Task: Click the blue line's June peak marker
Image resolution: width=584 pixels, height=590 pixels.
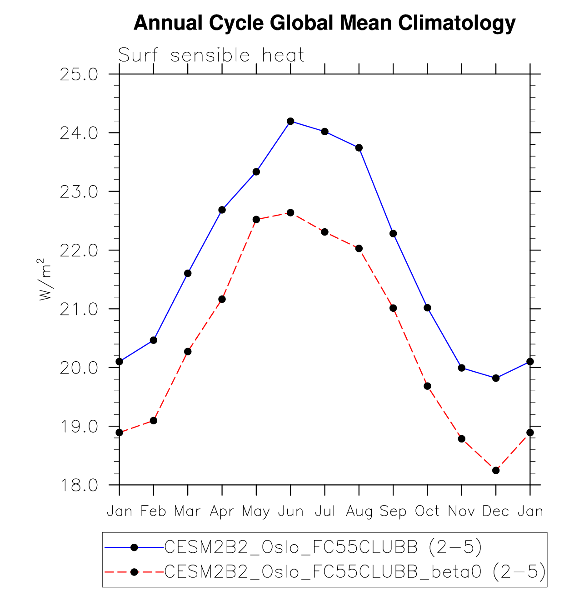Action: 290,121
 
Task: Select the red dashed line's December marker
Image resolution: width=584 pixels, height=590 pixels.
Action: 496,470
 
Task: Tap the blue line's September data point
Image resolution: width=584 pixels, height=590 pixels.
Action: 393,233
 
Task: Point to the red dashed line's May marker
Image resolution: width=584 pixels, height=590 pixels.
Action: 256,219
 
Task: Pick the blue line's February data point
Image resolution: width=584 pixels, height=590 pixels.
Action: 154,340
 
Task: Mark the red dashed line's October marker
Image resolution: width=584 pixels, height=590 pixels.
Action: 427,386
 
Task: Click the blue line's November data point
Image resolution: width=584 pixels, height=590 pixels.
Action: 462,368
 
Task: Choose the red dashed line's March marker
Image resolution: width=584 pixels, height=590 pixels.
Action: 188,351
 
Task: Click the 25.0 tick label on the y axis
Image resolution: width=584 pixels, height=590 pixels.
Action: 79,74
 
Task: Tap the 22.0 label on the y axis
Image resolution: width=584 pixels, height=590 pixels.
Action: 79,251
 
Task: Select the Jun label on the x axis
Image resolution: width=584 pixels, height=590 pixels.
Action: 290,511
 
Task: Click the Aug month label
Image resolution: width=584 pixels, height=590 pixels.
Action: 359,511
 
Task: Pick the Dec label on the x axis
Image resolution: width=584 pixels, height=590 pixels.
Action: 496,511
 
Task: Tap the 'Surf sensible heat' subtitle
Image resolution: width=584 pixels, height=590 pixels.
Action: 211,55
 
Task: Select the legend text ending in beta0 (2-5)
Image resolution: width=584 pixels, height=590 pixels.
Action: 354,572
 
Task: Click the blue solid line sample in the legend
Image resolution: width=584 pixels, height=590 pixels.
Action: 134,547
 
